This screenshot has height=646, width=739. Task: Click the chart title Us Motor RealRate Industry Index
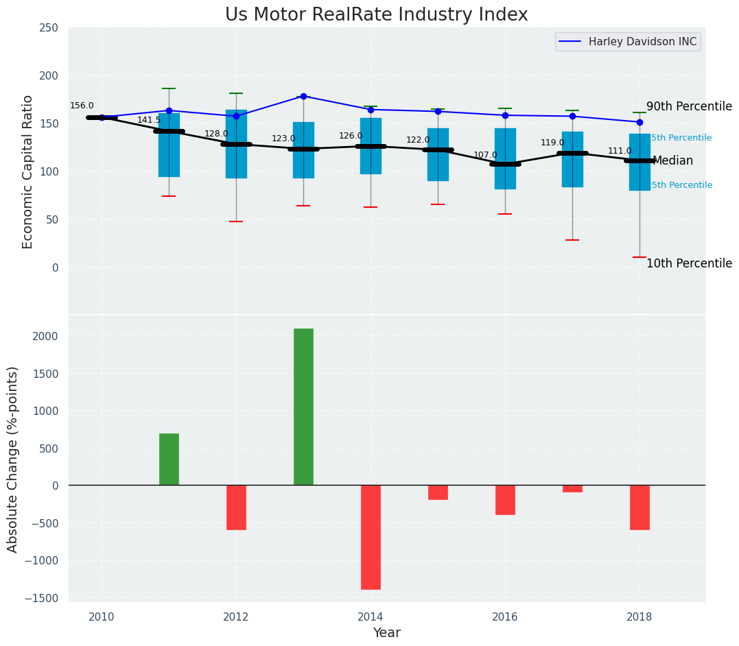click(x=377, y=15)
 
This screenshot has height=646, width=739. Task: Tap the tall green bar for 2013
click(x=303, y=407)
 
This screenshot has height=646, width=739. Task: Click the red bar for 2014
click(x=371, y=537)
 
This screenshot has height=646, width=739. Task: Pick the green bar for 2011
click(x=169, y=459)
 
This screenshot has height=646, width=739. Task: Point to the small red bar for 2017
click(x=572, y=488)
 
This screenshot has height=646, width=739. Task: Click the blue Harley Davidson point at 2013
click(x=303, y=96)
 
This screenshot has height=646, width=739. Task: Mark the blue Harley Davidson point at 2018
click(x=640, y=122)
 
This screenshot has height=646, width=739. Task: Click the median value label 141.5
click(x=149, y=120)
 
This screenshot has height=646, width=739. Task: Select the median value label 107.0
click(x=485, y=155)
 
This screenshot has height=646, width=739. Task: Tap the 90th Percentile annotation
click(x=689, y=107)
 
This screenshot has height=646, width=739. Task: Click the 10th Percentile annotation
click(x=689, y=264)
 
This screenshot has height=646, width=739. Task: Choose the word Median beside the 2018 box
click(x=672, y=161)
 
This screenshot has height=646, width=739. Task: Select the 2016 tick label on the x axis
click(x=505, y=616)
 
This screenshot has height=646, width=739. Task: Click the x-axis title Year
click(x=386, y=633)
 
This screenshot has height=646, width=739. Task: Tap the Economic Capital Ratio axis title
click(x=27, y=171)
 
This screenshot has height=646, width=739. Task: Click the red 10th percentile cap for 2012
click(x=236, y=222)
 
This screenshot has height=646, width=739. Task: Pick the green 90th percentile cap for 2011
click(x=169, y=88)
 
